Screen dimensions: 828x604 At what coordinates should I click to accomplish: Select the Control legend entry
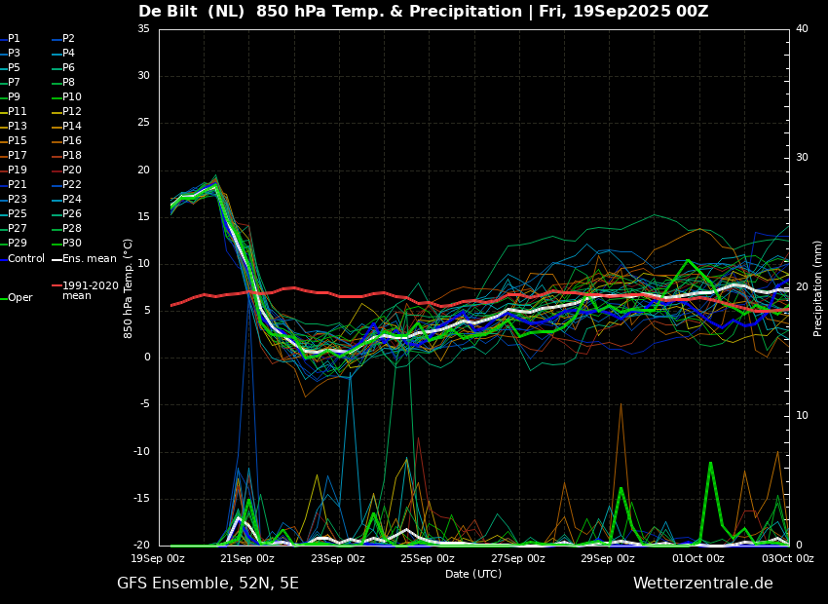[x=22, y=259]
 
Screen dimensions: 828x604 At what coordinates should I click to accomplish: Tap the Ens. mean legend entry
[x=84, y=259]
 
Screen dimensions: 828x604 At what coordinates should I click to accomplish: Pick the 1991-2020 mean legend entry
[x=86, y=290]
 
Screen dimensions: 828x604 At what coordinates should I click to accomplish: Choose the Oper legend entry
[x=17, y=298]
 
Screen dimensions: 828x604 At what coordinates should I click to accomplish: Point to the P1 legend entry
[x=10, y=39]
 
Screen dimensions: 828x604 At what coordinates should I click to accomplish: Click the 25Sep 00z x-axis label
[x=428, y=558]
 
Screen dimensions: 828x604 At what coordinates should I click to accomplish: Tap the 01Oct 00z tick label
[x=698, y=558]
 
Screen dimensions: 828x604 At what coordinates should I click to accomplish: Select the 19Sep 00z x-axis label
[x=158, y=558]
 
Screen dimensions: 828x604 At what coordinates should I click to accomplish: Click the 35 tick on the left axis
[x=143, y=28]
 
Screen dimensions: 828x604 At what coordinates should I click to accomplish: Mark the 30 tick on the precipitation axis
[x=802, y=158]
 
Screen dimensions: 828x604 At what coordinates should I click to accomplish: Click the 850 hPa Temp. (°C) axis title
[x=128, y=288]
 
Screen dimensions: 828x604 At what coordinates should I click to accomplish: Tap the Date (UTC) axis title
[x=473, y=574]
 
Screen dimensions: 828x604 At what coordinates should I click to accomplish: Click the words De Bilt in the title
[x=169, y=11]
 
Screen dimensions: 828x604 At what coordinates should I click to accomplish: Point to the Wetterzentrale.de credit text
[x=703, y=584]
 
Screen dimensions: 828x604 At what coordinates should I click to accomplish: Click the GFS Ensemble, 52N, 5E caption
[x=207, y=584]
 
